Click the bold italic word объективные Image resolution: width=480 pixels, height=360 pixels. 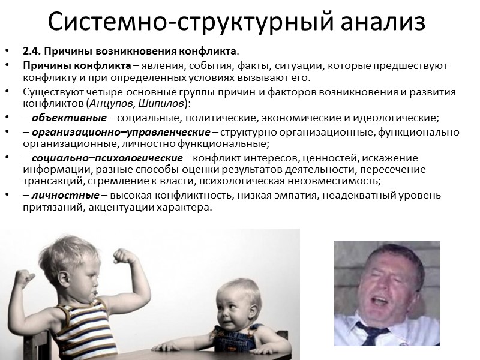click(x=57, y=117)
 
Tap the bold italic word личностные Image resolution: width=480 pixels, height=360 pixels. click(x=56, y=195)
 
